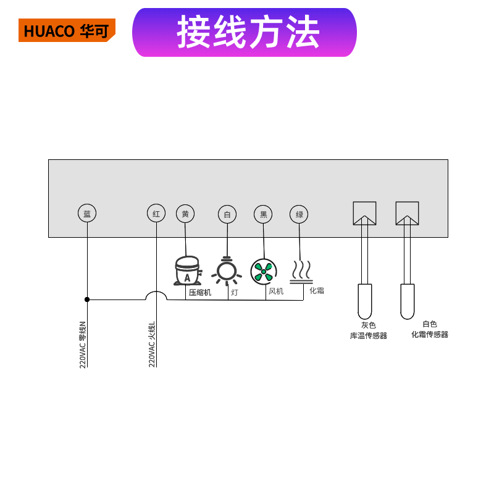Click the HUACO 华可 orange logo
[x=67, y=30]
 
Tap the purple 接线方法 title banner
[x=245, y=33]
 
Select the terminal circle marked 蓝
[x=87, y=213]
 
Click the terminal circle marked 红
[x=156, y=213]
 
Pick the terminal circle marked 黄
[x=185, y=214]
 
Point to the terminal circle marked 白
[x=227, y=214]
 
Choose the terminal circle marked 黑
[x=263, y=214]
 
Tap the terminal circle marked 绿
[x=299, y=214]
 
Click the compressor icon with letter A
[x=188, y=270]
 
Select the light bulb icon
[x=227, y=271]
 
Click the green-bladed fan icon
[x=264, y=272]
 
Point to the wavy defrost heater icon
[x=301, y=272]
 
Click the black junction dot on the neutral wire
[x=87, y=299]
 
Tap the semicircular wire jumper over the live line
[x=156, y=291]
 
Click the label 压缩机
[x=200, y=292]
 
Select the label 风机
[x=276, y=291]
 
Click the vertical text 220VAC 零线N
[x=83, y=345]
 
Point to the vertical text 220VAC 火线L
[x=152, y=345]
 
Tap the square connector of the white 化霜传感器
[x=407, y=213]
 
